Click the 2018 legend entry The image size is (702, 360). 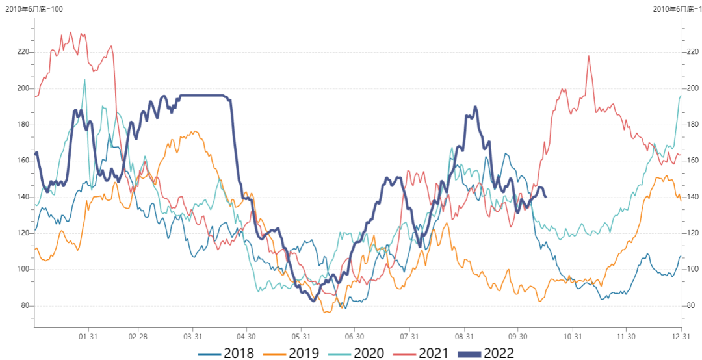click(227, 353)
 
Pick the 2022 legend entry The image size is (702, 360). click(486, 353)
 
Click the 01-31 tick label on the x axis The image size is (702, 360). click(88, 336)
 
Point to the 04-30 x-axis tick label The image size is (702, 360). click(246, 336)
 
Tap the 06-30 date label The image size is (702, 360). click(354, 336)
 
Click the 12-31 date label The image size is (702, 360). click(681, 336)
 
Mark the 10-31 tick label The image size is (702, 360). click(572, 336)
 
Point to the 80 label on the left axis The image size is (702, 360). click(24, 305)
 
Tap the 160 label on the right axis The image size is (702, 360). click(694, 161)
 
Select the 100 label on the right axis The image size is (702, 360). click(694, 269)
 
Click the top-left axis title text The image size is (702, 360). click(34, 8)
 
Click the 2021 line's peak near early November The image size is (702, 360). click(589, 57)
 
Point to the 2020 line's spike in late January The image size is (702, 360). click(84, 80)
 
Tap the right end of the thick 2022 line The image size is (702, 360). click(545, 196)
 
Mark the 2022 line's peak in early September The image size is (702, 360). click(475, 107)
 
